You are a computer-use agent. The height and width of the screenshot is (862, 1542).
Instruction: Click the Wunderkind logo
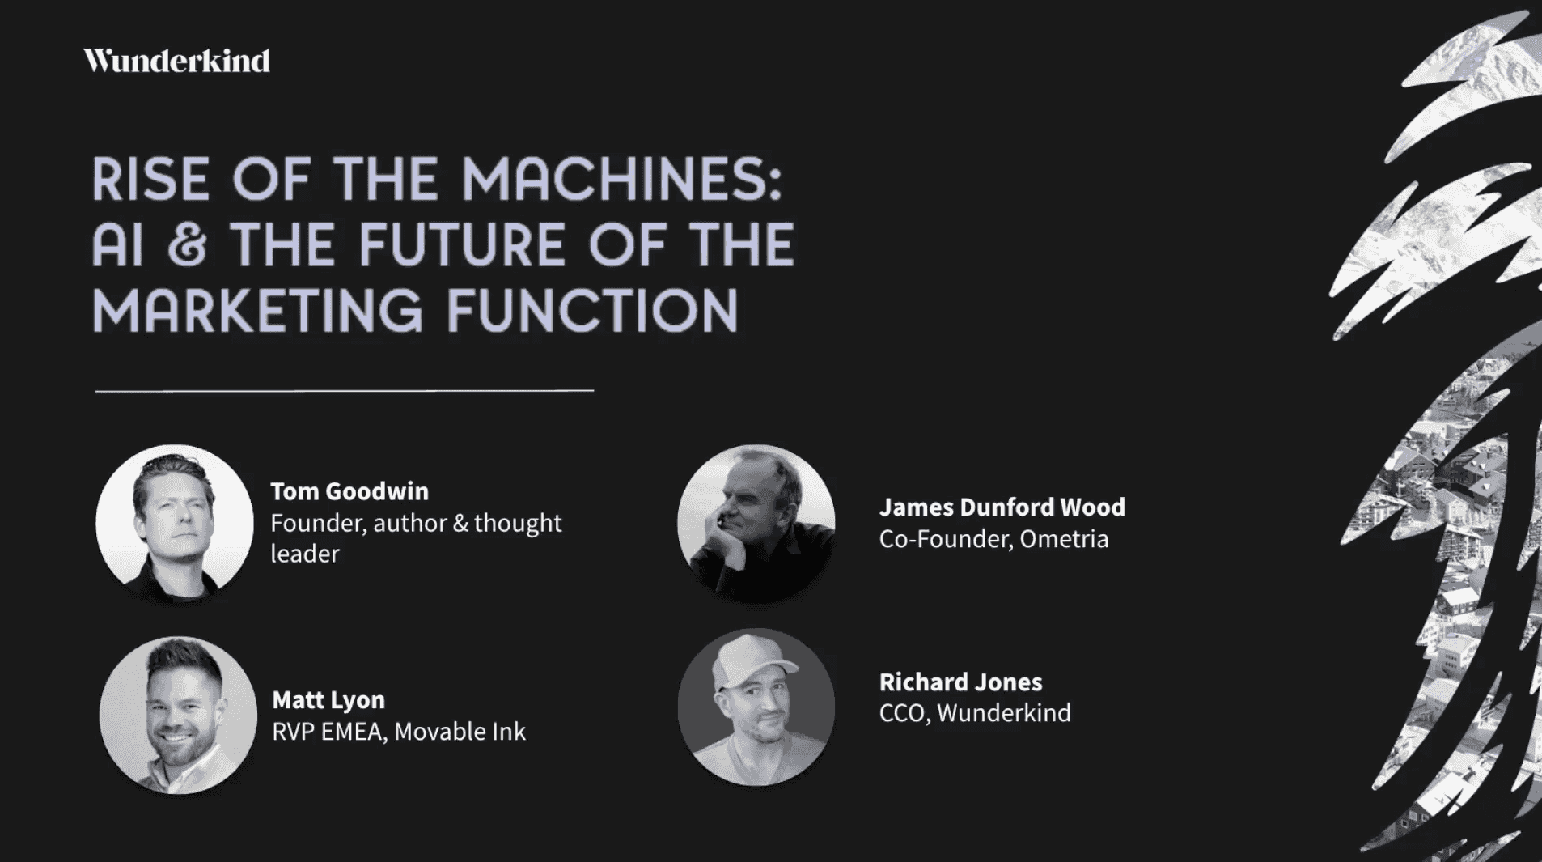[x=176, y=61]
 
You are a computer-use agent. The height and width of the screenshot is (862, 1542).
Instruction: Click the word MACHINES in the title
[x=621, y=179]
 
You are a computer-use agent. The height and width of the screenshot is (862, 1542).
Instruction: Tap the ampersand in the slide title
[x=188, y=245]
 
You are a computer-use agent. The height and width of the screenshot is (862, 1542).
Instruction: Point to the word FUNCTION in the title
[x=592, y=310]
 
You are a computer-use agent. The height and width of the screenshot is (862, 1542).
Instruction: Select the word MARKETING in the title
[x=257, y=310]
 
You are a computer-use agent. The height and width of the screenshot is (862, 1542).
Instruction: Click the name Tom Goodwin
[x=349, y=491]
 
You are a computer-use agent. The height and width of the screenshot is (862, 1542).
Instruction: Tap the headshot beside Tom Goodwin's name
[x=175, y=523]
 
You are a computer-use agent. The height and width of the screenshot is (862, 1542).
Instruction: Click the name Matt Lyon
[x=328, y=699]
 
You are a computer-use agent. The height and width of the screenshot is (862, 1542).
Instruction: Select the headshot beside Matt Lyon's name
[x=178, y=715]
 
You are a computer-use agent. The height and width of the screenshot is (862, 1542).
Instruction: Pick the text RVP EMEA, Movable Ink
[x=399, y=732]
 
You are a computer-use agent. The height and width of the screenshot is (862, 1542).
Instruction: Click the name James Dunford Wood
[x=1002, y=507]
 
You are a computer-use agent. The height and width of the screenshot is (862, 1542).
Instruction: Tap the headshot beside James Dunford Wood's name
[x=756, y=523]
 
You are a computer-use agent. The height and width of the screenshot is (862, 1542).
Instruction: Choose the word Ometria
[x=1064, y=539]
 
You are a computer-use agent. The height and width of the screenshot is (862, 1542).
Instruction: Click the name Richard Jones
[x=961, y=682]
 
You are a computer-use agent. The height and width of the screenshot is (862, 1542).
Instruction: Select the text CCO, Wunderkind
[x=975, y=713]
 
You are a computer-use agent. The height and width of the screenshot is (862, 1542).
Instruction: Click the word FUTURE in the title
[x=461, y=245]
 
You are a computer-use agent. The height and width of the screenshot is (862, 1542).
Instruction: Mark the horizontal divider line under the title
[x=345, y=391]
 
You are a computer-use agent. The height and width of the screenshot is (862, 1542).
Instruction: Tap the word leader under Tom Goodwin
[x=305, y=554]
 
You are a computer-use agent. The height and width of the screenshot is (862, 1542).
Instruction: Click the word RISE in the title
[x=151, y=179]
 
